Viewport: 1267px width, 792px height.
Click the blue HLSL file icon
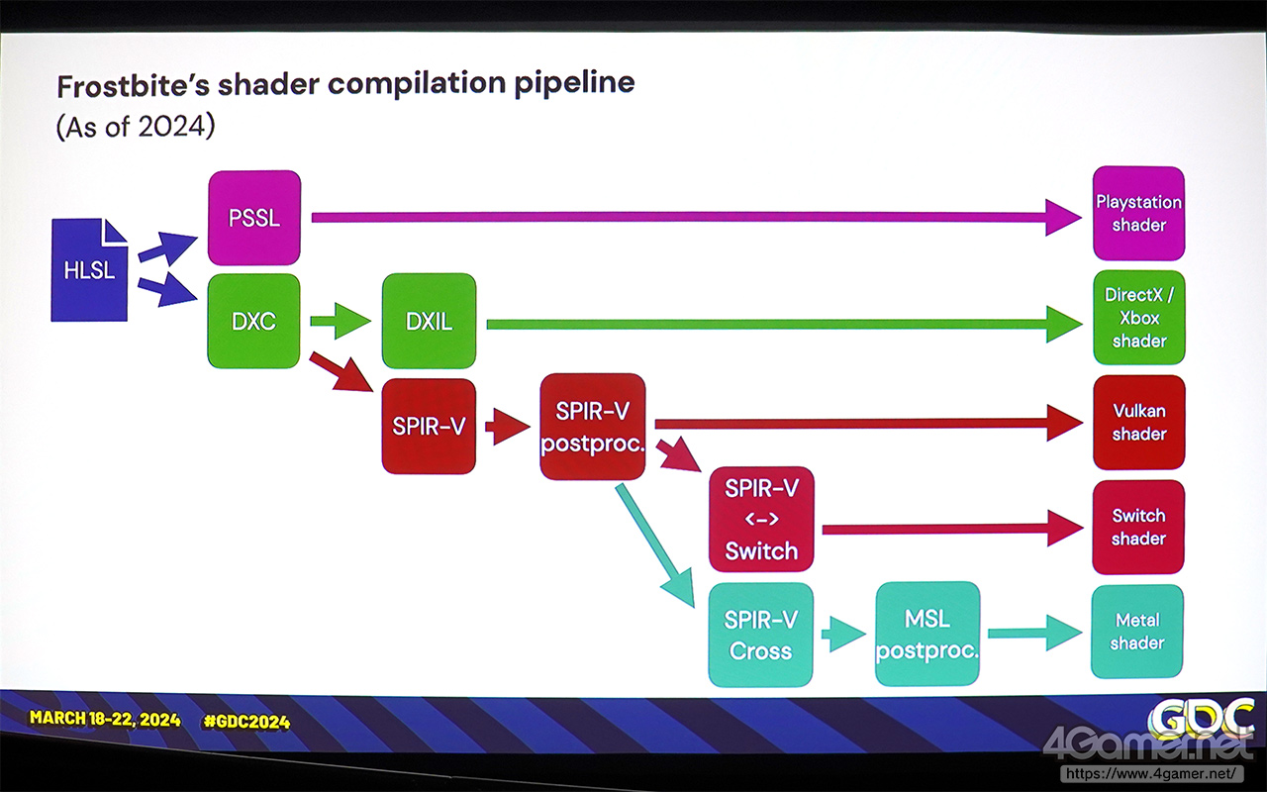click(89, 270)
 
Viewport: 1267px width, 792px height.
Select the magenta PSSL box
click(254, 218)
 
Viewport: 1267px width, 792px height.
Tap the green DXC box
click(253, 322)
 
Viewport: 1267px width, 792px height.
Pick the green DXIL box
click(429, 322)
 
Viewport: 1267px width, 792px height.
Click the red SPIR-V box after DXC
click(429, 426)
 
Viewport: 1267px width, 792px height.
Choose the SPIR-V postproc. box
click(592, 427)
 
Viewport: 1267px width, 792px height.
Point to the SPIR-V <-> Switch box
click(761, 520)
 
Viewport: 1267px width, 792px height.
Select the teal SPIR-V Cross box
click(761, 635)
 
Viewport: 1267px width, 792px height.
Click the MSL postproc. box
click(927, 634)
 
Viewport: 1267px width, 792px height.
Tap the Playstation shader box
click(1138, 213)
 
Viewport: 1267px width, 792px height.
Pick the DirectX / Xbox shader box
click(1139, 318)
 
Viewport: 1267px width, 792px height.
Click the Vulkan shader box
click(1139, 422)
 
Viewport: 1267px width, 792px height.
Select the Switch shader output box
click(1138, 527)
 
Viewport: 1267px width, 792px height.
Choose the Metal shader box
click(1137, 632)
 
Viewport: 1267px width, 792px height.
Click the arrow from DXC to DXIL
click(341, 322)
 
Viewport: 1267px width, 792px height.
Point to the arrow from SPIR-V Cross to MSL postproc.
click(843, 635)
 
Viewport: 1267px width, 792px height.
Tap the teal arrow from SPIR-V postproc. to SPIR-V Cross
click(655, 545)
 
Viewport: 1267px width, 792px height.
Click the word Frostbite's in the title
click(134, 85)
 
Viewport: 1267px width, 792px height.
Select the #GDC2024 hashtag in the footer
click(246, 722)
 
